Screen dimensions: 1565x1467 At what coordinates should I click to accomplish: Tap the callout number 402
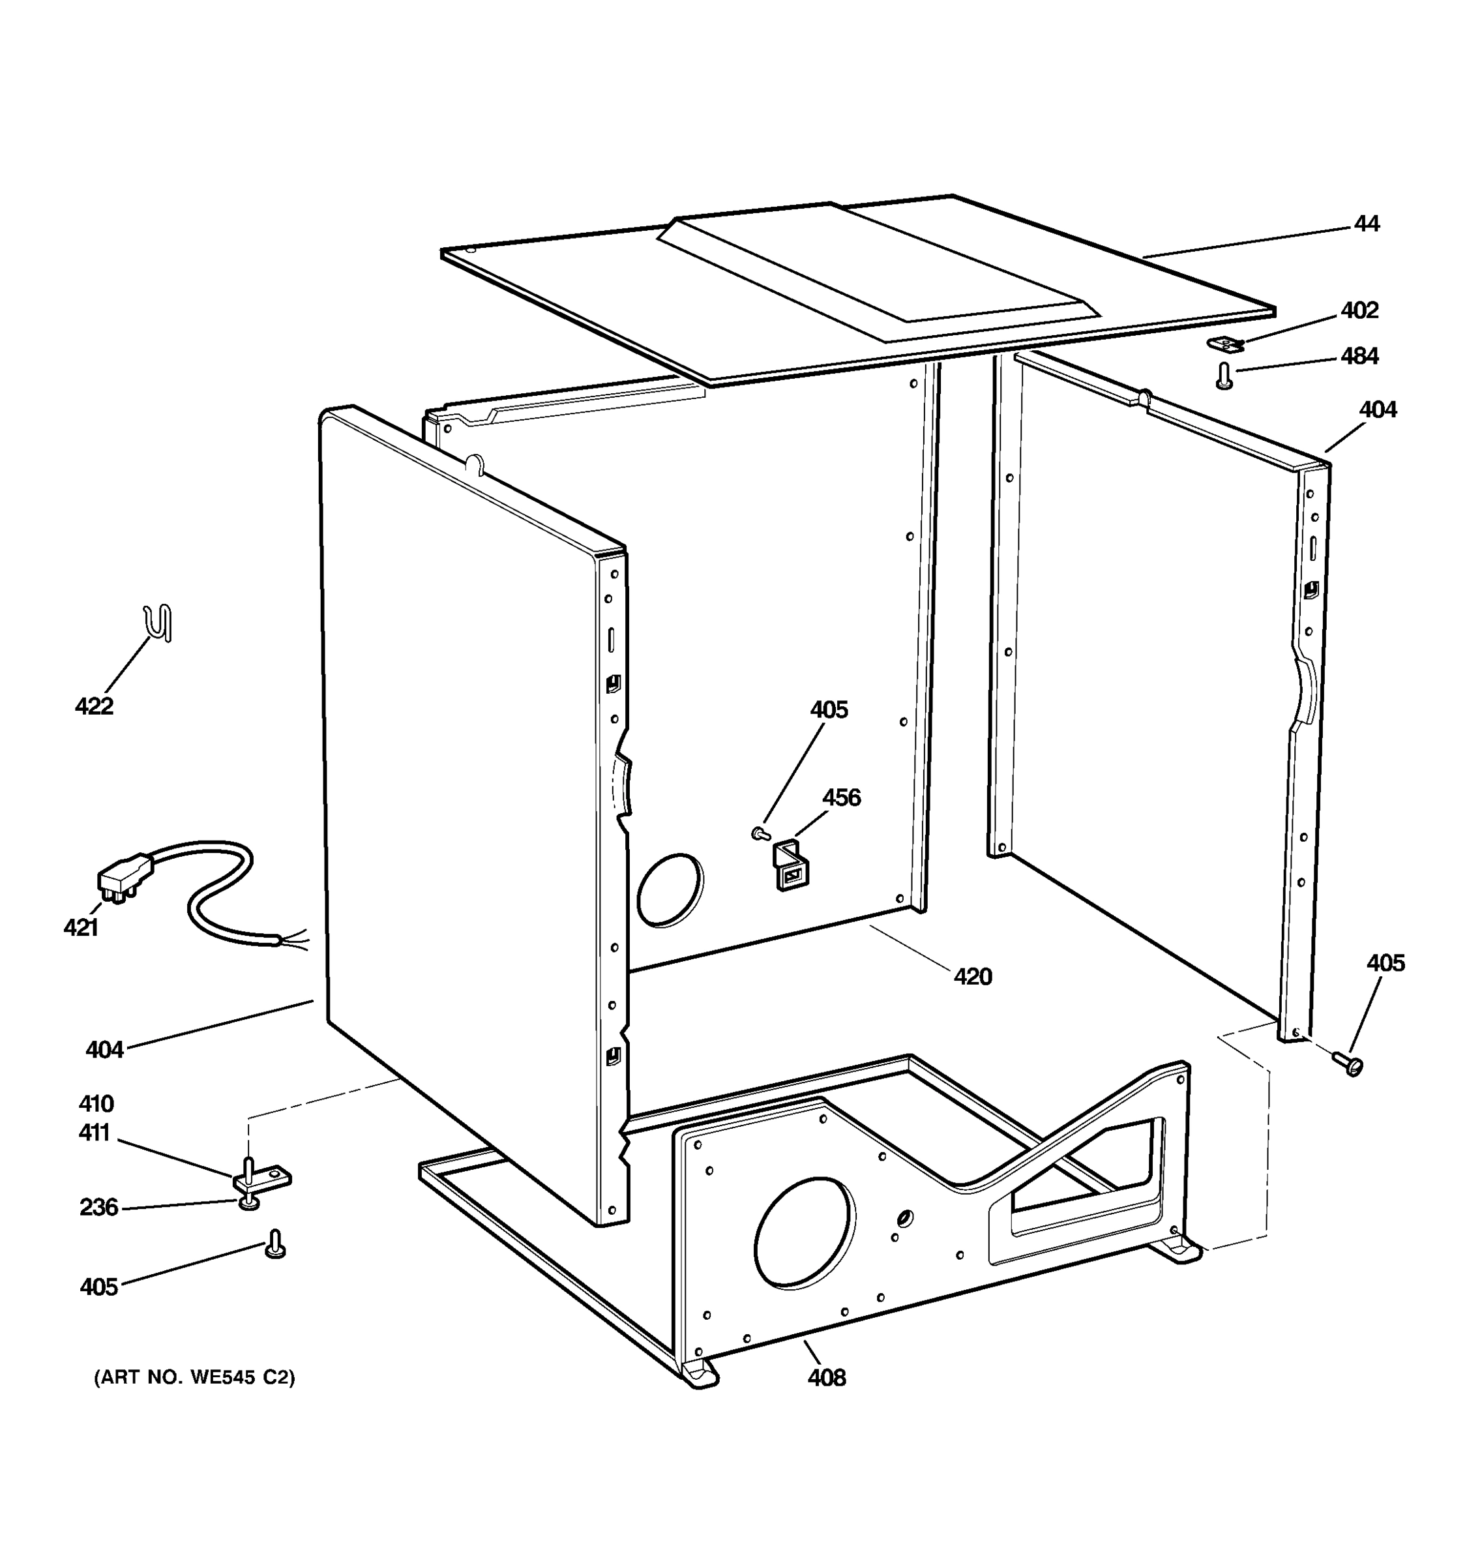[x=1360, y=311]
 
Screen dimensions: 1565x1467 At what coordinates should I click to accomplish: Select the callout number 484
[x=1360, y=357]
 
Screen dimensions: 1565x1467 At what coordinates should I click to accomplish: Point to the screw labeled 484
[x=1224, y=376]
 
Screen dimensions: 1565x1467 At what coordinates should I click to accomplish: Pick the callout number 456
[x=841, y=797]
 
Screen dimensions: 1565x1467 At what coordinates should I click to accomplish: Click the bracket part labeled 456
[x=791, y=865]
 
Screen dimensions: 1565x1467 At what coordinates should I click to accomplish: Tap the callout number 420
[x=973, y=977]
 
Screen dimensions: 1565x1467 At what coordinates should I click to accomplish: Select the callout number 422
[x=95, y=706]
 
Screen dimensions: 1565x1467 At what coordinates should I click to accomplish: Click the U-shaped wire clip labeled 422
[x=159, y=623]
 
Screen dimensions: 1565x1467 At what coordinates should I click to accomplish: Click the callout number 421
[x=81, y=928]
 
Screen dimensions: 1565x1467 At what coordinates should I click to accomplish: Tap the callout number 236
[x=98, y=1207]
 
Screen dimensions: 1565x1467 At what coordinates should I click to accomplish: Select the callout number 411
[x=95, y=1133]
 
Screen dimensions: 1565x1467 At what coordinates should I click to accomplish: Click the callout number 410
[x=96, y=1104]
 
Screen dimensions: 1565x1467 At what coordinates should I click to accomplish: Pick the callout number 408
[x=826, y=1378]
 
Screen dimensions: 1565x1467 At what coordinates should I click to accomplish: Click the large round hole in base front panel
[x=803, y=1234]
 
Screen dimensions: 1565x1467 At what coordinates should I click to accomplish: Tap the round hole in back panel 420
[x=670, y=889]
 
